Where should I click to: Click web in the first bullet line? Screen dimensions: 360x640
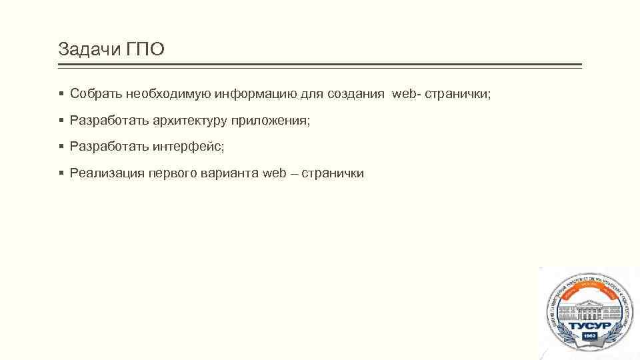tap(404, 94)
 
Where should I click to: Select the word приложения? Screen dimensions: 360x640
tap(271, 121)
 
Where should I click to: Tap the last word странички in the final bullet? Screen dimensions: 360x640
tap(333, 173)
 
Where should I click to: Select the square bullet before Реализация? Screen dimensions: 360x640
tap(61, 173)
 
